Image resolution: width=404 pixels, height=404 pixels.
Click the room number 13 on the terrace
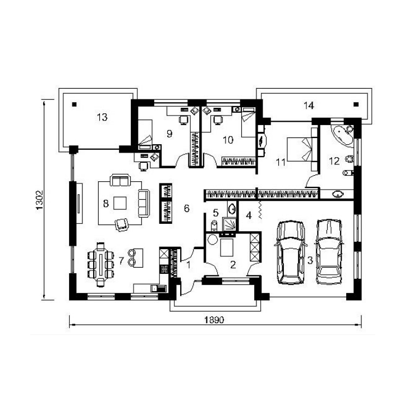click(x=102, y=117)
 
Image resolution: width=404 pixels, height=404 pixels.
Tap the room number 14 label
click(x=309, y=105)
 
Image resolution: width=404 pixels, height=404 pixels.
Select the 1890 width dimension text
click(x=214, y=320)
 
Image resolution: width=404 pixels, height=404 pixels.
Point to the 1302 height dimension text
click(x=39, y=200)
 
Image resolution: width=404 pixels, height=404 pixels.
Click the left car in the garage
click(x=290, y=252)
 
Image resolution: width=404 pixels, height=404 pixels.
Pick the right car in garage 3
click(x=329, y=251)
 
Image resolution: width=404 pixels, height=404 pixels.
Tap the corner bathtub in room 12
click(x=342, y=135)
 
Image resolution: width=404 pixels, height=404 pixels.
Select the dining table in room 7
click(x=100, y=264)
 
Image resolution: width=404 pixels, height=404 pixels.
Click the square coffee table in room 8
click(x=120, y=203)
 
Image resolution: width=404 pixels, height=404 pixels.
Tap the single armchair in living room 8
click(x=122, y=224)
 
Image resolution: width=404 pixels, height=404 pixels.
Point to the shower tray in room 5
click(x=229, y=224)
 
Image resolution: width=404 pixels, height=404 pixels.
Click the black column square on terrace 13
click(x=75, y=104)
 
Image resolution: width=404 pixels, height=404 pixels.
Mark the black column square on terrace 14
click(x=356, y=104)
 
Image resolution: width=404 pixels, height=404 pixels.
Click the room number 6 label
click(x=186, y=208)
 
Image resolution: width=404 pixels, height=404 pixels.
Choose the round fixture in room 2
click(x=212, y=240)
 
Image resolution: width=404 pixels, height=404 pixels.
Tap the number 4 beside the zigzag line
click(x=249, y=215)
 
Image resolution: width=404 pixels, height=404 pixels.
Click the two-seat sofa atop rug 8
click(x=120, y=180)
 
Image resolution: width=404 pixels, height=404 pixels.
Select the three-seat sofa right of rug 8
click(x=144, y=203)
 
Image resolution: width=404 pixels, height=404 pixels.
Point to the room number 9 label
click(x=169, y=134)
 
